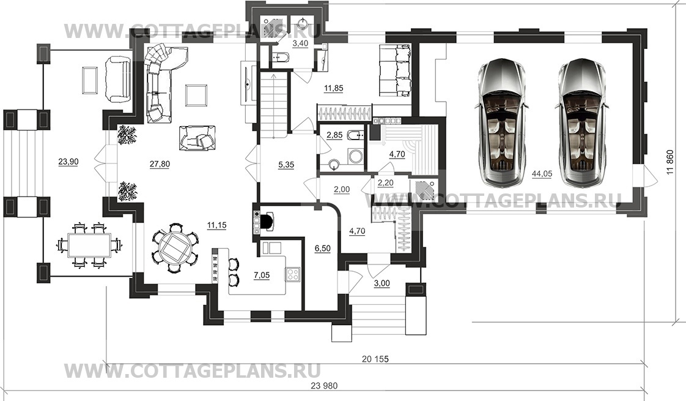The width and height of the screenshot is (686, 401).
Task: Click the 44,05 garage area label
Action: pos(542,173)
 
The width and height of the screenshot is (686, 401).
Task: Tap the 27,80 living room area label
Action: pos(160,164)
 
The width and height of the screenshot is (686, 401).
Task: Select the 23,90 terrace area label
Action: pos(68,162)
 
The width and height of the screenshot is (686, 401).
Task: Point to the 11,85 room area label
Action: pos(333,88)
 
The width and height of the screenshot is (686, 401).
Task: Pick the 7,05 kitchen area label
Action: pos(262,275)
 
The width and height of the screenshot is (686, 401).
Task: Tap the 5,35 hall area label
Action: pos(286,165)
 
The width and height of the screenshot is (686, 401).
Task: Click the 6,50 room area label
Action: pos(323,249)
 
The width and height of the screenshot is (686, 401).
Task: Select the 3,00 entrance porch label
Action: pos(382,283)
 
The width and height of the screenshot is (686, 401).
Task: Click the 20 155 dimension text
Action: pos(375,359)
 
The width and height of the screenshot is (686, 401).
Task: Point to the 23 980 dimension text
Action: pos(324,386)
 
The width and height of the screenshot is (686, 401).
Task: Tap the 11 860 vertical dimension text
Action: pos(670,163)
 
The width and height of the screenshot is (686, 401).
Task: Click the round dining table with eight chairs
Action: pos(175,248)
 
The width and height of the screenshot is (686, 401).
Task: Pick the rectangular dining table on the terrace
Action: pos(89,244)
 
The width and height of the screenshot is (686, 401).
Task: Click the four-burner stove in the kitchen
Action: pos(292,274)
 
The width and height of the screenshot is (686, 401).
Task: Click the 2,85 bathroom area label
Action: pos(334,135)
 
